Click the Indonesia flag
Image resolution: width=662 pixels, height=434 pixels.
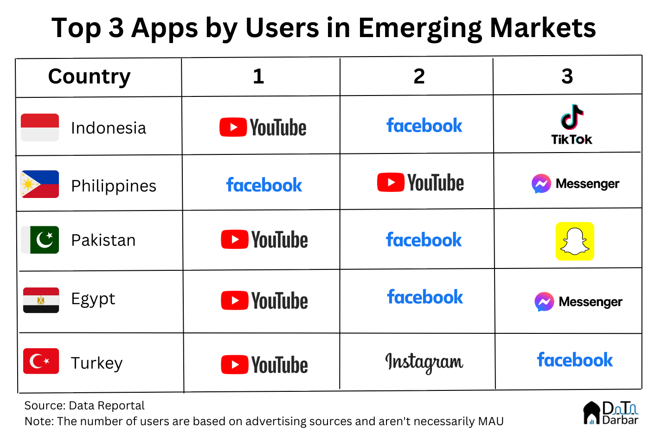tap(40, 128)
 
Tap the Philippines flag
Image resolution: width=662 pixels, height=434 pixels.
tap(40, 184)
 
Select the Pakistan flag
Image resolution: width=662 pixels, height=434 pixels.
tap(40, 240)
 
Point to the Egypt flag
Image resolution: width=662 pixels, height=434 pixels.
tap(41, 300)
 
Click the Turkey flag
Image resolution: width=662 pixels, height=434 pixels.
tap(41, 361)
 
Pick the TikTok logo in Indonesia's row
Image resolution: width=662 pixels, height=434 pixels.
tap(572, 124)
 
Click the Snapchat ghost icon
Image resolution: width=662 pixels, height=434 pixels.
tap(575, 241)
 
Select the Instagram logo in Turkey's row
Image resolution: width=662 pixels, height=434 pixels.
tap(424, 363)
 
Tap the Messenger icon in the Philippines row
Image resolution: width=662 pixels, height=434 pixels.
tap(541, 184)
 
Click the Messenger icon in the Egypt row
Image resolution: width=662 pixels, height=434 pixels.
tap(544, 302)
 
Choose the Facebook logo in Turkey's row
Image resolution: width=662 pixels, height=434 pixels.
tap(575, 359)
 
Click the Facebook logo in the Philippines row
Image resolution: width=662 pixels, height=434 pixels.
tap(264, 185)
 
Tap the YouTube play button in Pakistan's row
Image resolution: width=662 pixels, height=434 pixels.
tap(235, 239)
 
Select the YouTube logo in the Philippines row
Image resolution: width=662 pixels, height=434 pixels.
tap(420, 182)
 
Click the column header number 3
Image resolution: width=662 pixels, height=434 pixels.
tap(567, 76)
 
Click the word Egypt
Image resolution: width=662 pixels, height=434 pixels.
tap(93, 300)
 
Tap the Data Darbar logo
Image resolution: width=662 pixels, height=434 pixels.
tap(611, 413)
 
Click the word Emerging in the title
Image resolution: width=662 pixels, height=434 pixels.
tap(420, 29)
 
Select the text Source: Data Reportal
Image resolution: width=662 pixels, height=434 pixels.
tap(84, 406)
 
